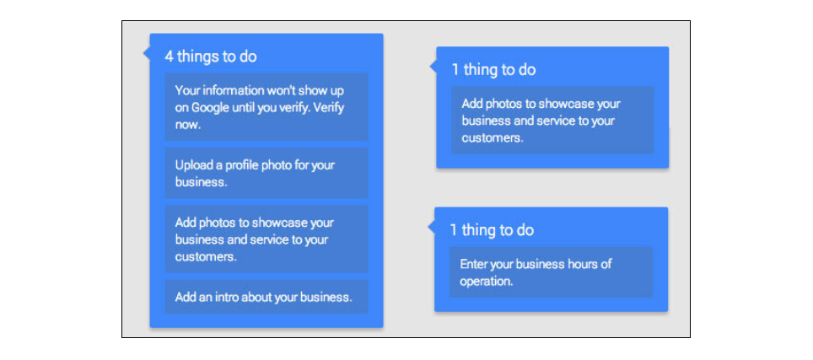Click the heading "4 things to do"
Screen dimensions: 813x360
point(211,56)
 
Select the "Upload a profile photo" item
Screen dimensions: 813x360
point(267,173)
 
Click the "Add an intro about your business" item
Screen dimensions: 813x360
point(267,297)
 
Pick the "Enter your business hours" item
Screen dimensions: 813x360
point(551,272)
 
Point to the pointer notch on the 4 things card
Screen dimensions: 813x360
point(147,53)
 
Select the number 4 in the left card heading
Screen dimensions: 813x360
point(169,56)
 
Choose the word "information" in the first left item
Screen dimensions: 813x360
point(231,91)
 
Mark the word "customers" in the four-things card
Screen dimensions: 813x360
point(206,257)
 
